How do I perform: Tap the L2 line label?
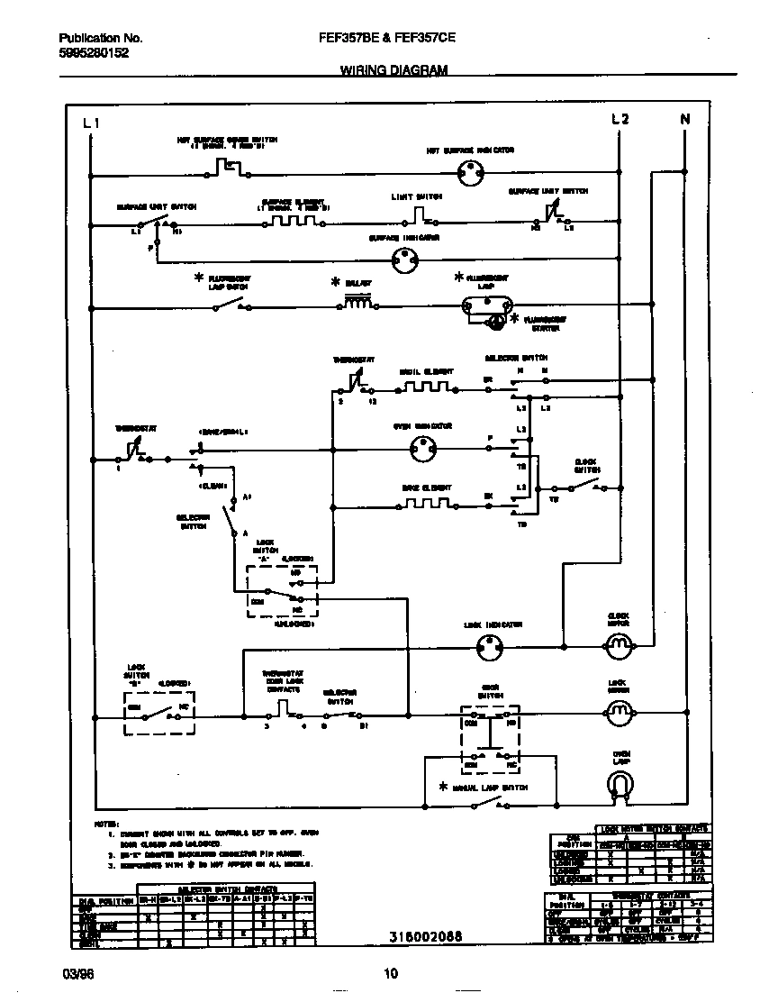tap(620, 119)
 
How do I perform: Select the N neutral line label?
tap(684, 119)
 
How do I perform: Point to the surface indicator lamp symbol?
tap(406, 261)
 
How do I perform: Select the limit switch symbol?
tap(419, 214)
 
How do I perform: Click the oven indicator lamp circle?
tap(423, 446)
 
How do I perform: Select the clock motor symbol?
tap(618, 643)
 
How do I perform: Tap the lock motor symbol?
tap(618, 713)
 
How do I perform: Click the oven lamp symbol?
tap(618, 786)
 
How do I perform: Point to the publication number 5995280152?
tap(93, 53)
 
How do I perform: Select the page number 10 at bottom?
tap(390, 973)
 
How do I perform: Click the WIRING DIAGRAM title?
tap(394, 69)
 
